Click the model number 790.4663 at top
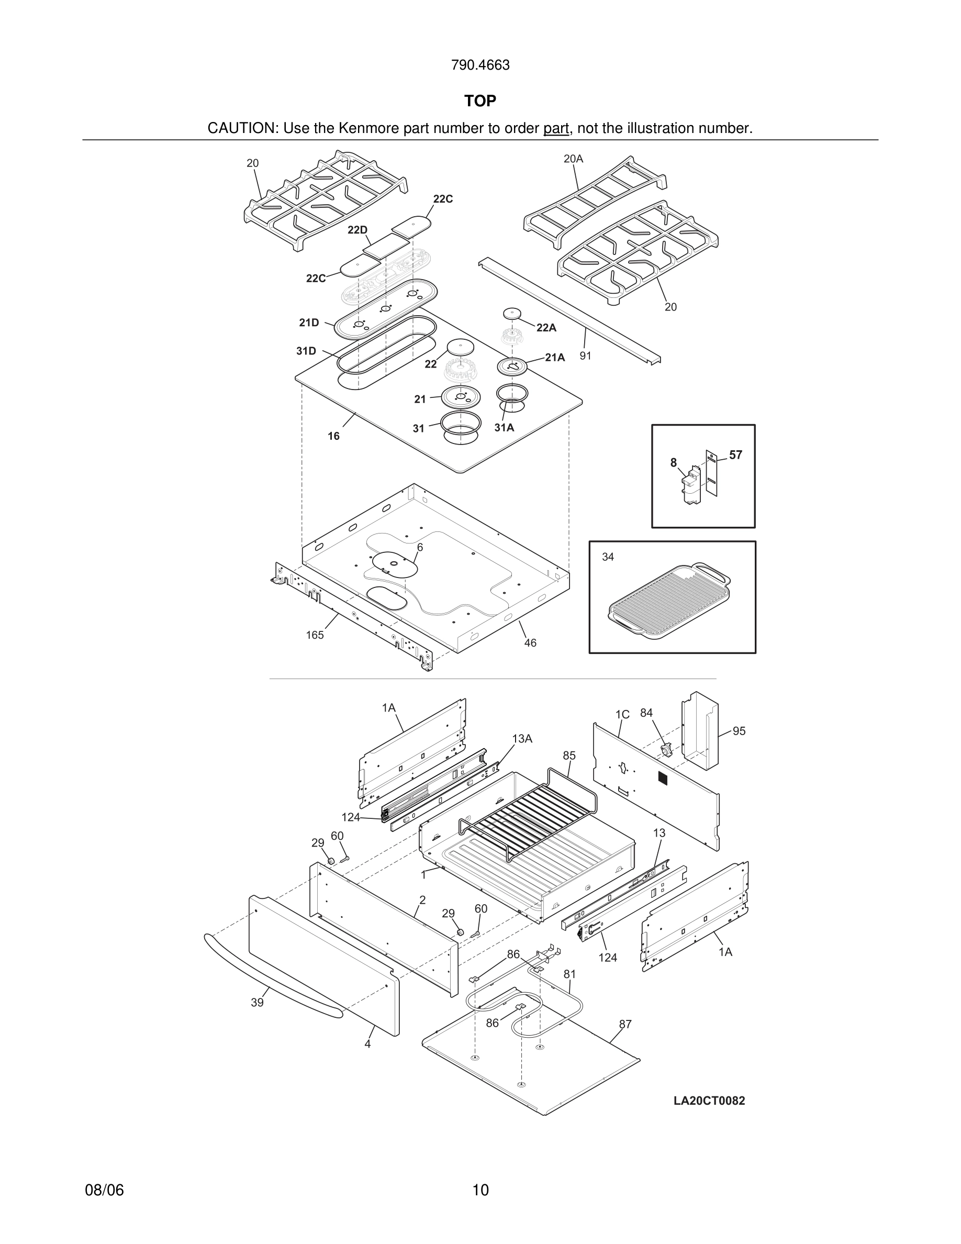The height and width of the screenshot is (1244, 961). (480, 65)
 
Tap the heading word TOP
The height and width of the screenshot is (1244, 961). (480, 101)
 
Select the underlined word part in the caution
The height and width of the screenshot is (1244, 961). (556, 128)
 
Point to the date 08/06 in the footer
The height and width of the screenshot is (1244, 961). (104, 1190)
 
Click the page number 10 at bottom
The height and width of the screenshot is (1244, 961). (480, 1190)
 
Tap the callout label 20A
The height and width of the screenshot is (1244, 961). (573, 159)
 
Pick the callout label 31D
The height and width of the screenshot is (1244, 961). (306, 351)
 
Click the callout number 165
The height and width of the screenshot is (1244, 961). (315, 635)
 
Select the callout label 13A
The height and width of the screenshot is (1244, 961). (521, 739)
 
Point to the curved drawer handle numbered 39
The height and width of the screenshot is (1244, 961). (267, 975)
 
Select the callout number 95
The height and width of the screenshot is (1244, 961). (739, 731)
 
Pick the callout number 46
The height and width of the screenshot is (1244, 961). (530, 643)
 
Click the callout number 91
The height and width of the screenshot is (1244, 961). (585, 356)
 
